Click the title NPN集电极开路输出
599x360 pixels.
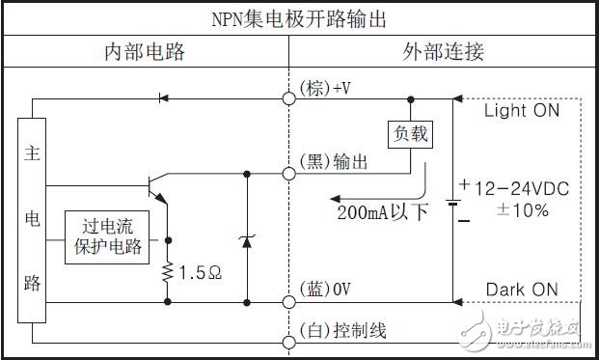coord(298,18)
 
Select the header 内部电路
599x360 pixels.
coord(144,51)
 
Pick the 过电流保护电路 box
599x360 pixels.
coord(108,236)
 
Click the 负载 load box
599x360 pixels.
coord(406,134)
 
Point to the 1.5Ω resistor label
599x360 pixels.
coord(201,272)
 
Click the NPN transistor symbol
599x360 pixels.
coord(154,185)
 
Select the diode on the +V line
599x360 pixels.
coord(161,97)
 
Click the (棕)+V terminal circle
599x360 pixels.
coord(288,97)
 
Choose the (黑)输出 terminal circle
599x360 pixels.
coord(288,174)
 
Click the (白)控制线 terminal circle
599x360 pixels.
coord(288,342)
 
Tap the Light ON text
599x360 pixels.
coord(521,111)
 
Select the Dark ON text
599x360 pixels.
coord(521,289)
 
